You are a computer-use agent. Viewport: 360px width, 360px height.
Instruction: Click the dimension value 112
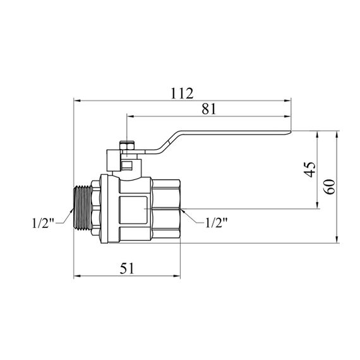coord(182,93)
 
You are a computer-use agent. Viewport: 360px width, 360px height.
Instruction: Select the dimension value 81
coord(209,109)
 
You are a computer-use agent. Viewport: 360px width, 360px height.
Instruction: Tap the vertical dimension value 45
coord(310,170)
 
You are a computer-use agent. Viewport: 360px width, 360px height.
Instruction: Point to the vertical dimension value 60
coord(330,187)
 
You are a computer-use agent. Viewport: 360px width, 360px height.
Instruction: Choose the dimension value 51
coord(127,268)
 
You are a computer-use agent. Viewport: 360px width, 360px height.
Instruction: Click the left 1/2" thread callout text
coord(43,223)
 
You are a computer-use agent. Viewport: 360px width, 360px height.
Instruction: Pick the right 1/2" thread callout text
coord(216,222)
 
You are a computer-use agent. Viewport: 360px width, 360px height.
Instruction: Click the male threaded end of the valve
coord(83,208)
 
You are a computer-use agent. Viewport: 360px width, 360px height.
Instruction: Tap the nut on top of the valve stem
coord(128,145)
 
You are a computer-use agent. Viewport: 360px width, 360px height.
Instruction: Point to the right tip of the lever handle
coord(291,131)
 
